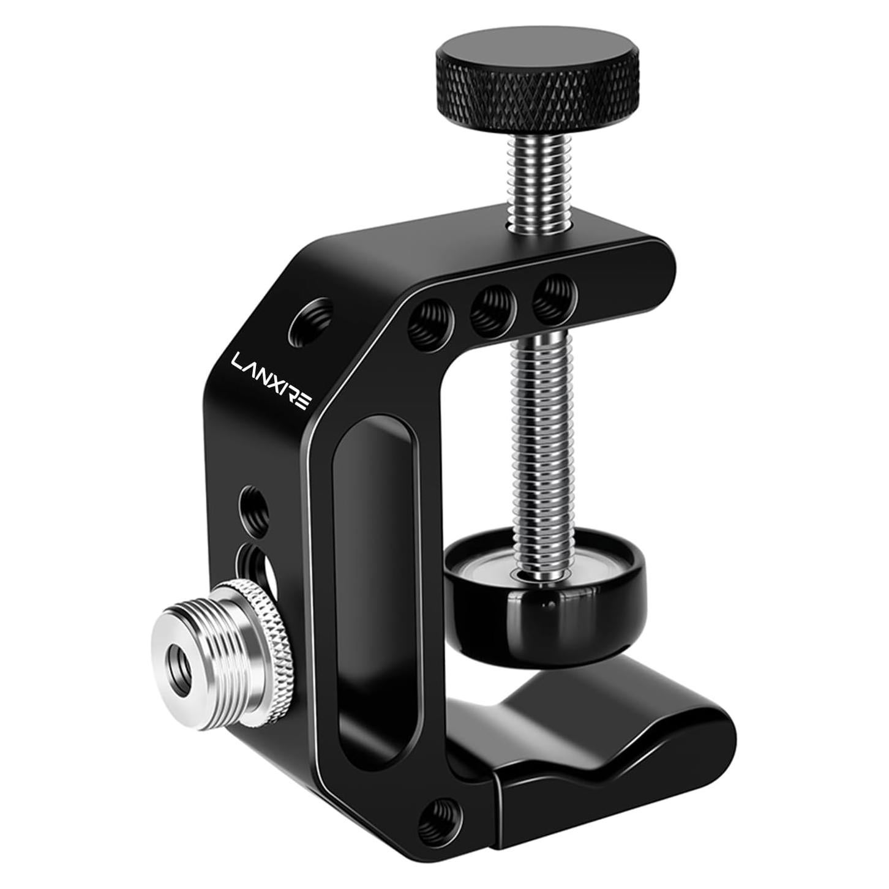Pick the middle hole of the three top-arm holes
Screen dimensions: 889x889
click(492, 304)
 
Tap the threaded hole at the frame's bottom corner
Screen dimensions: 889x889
click(438, 814)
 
